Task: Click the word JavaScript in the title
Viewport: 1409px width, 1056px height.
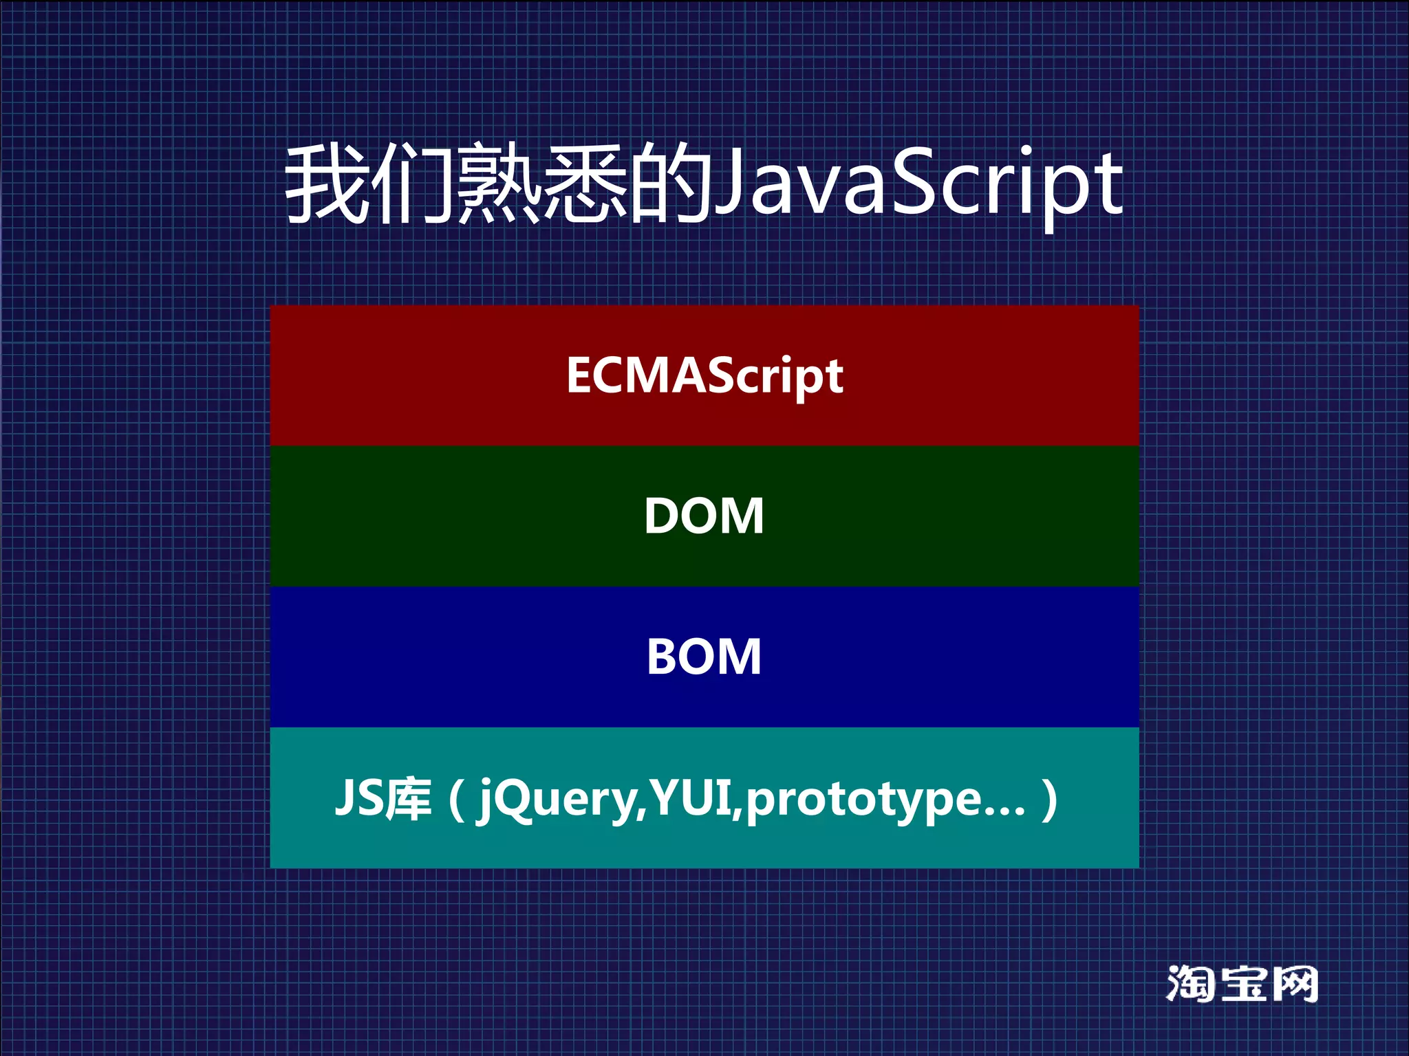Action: (x=918, y=184)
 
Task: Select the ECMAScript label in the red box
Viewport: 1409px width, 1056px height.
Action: (x=704, y=376)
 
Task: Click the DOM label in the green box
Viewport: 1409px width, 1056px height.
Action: (x=704, y=516)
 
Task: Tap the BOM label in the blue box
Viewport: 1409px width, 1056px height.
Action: (x=704, y=657)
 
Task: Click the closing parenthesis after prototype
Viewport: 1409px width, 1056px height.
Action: (x=1049, y=800)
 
